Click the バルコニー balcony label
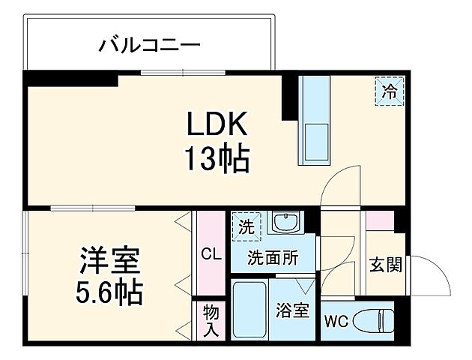click(150, 46)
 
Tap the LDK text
click(217, 124)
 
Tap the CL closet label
click(211, 254)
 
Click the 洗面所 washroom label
click(273, 257)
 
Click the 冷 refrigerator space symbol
click(390, 92)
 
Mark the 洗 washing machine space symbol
click(246, 224)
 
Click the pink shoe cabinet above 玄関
click(379, 220)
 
